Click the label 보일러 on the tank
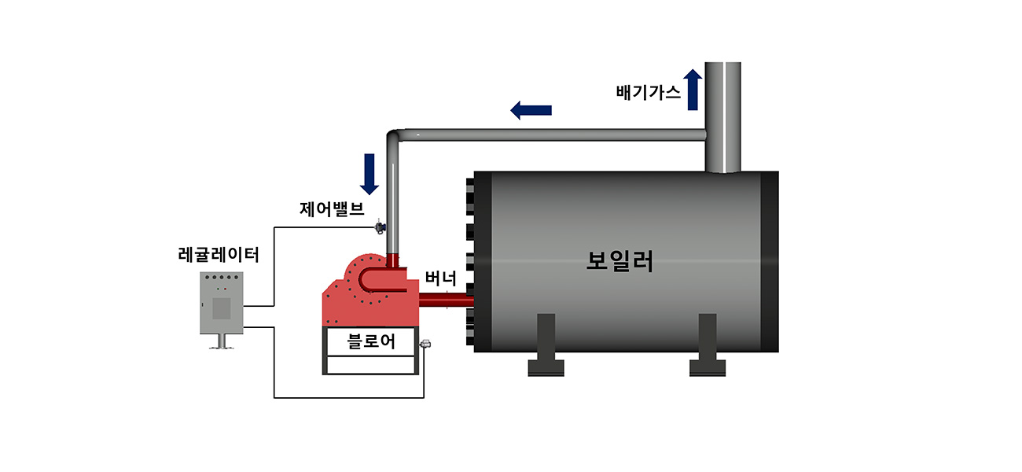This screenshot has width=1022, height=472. [619, 261]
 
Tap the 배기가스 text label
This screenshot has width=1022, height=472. [649, 91]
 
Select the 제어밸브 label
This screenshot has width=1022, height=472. [332, 209]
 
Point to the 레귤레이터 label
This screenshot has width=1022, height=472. [219, 254]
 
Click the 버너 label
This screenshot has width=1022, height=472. [441, 278]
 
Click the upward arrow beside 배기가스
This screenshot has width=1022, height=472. [693, 89]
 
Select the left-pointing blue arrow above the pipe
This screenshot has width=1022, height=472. [531, 110]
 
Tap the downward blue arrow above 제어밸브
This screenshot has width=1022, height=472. [369, 174]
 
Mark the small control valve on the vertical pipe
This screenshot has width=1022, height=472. [380, 227]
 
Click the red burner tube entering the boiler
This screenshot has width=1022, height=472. [445, 301]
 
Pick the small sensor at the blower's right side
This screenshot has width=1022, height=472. [425, 344]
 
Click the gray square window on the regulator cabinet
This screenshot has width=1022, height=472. [222, 308]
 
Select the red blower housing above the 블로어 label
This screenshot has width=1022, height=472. [369, 295]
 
